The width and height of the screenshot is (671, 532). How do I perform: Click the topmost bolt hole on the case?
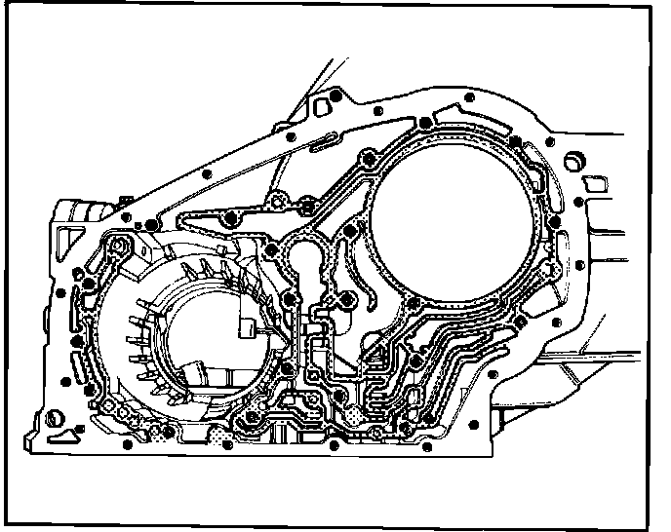tap(335, 97)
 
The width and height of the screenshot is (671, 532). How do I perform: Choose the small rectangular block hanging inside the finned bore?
tap(244, 326)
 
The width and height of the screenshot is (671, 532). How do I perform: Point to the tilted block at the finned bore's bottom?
tap(194, 370)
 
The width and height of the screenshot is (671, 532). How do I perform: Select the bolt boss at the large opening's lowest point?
tap(417, 363)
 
